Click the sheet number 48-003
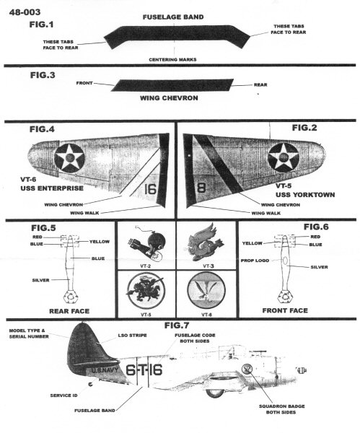25,12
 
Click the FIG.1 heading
41,25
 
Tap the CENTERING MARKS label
172,60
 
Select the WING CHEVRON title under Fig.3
169,98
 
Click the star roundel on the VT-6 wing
69,159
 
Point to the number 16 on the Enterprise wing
151,189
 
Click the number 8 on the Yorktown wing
201,188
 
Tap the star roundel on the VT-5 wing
284,157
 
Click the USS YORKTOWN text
305,195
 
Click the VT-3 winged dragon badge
206,242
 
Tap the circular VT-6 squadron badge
206,291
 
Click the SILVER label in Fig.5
40,280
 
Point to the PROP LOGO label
255,261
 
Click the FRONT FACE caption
285,310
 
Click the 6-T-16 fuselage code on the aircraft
144,370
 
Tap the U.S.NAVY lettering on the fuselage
105,370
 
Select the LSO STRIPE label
132,336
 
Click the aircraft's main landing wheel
215,393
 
